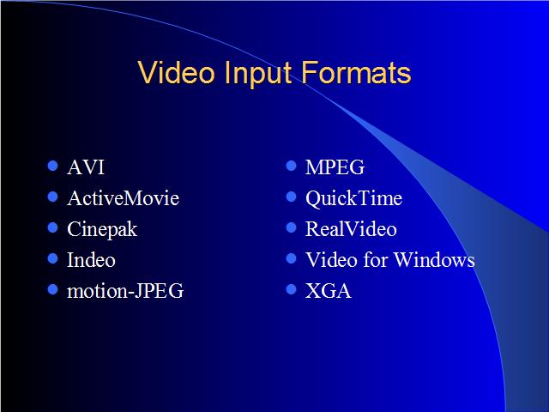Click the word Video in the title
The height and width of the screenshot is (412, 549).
click(176, 72)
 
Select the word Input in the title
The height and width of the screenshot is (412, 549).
click(258, 75)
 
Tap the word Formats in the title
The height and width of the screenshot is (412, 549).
click(356, 72)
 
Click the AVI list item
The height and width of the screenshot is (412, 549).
click(86, 167)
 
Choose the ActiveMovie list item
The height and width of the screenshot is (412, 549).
click(124, 198)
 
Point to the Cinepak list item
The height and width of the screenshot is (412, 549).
click(102, 229)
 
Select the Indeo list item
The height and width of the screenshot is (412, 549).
click(92, 260)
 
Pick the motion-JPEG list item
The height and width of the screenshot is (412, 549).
click(125, 291)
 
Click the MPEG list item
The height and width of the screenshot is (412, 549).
click(335, 167)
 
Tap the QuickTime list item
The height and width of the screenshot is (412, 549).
click(354, 198)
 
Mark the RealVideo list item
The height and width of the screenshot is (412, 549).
click(351, 229)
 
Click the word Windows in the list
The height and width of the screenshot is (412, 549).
click(434, 260)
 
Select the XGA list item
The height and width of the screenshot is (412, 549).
click(329, 291)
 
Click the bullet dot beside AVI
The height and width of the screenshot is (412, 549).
click(52, 166)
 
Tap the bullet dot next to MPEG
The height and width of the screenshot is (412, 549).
click(292, 166)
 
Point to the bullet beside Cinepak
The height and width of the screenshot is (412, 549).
click(52, 227)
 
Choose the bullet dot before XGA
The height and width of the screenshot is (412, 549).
click(292, 289)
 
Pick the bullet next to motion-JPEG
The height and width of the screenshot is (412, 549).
click(52, 289)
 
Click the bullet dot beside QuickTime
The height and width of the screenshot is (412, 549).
click(292, 197)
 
